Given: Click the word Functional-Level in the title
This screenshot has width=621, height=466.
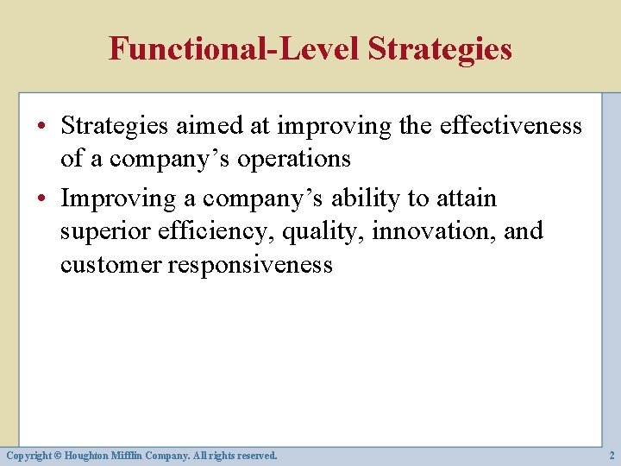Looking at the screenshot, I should coord(234,48).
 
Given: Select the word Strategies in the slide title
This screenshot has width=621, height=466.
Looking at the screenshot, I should coord(439,48).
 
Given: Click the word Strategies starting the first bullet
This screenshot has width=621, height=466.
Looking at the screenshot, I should coord(116,126).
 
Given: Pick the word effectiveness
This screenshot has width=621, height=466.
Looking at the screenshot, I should coord(511,126).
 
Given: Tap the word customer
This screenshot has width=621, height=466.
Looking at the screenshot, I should coord(110,264).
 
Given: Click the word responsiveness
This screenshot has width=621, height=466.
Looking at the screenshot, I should coord(249,264).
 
